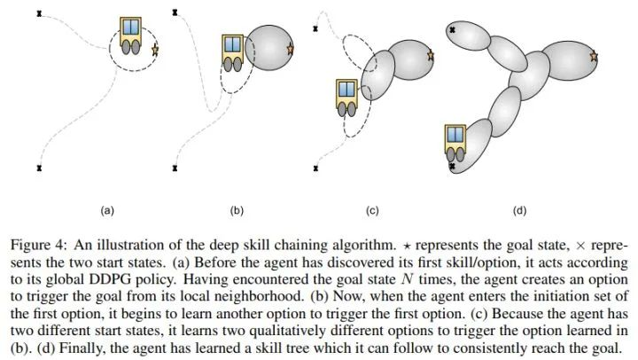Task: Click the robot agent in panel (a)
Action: click(131, 35)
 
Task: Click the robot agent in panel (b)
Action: click(233, 53)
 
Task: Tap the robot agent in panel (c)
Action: click(346, 98)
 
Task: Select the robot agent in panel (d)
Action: click(455, 145)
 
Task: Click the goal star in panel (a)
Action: click(155, 50)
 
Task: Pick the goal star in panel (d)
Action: click(593, 57)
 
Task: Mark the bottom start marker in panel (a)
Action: click(40, 168)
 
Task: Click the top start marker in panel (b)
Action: click(175, 13)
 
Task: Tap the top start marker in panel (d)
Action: click(452, 29)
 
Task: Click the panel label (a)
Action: click(106, 211)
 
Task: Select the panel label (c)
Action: click(372, 211)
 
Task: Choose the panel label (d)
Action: click(519, 211)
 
